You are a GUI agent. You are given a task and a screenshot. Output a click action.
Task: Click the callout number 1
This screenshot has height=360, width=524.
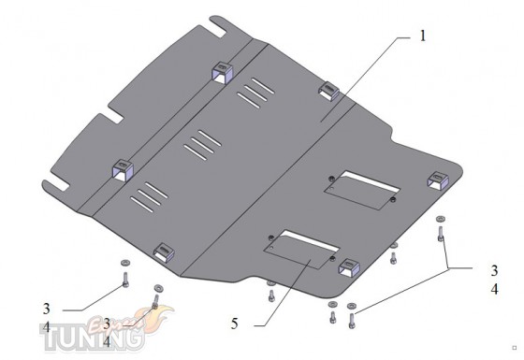[423, 36]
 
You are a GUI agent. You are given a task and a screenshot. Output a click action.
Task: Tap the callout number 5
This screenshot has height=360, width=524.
[235, 323]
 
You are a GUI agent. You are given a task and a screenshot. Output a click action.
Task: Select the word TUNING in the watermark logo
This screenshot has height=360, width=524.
[92, 338]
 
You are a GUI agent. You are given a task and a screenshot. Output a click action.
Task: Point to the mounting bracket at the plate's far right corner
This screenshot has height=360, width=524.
[438, 180]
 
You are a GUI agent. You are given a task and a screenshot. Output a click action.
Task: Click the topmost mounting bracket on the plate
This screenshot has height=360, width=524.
[222, 73]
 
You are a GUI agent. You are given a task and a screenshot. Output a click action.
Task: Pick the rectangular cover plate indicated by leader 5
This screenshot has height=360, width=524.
[301, 250]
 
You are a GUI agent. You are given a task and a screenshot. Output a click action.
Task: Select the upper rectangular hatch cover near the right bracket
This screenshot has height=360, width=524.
[362, 191]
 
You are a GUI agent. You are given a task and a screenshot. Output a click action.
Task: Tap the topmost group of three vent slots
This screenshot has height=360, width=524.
[256, 94]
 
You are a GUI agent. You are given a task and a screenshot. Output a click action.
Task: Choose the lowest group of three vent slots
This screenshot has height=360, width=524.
[149, 197]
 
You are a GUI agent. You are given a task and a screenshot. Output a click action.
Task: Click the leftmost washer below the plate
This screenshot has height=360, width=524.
[125, 263]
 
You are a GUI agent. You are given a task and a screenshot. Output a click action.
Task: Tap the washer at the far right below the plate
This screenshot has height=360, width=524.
[441, 219]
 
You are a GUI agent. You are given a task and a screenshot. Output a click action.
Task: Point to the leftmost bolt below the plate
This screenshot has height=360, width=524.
[125, 280]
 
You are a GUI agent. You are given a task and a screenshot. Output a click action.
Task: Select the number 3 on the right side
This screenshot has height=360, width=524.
[495, 270]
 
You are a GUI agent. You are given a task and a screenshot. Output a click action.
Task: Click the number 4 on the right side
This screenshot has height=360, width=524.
[495, 289]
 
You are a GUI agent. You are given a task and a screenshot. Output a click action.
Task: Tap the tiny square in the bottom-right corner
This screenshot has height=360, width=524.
[515, 348]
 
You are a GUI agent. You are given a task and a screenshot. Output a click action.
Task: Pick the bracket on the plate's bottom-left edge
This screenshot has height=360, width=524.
[164, 252]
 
